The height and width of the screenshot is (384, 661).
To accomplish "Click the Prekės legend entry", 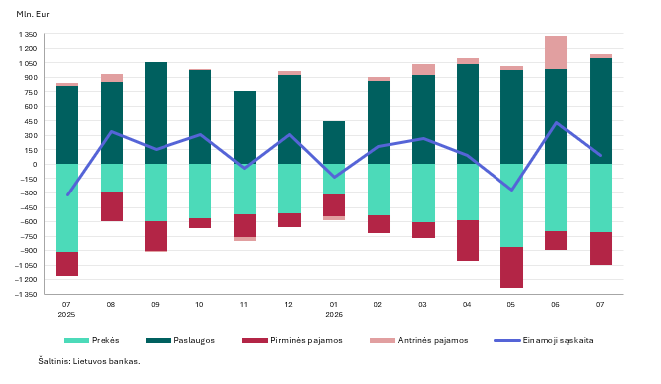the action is [x=92, y=340].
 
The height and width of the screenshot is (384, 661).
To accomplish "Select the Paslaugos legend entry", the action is [x=180, y=340].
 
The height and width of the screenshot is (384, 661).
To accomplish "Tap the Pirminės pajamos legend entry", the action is [x=292, y=340].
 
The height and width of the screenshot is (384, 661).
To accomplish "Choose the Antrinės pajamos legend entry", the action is [x=419, y=340].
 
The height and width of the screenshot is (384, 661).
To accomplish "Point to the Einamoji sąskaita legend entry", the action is [x=543, y=340].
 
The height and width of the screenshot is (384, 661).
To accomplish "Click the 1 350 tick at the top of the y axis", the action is [x=28, y=34].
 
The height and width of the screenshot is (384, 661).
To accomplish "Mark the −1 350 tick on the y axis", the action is [x=26, y=294].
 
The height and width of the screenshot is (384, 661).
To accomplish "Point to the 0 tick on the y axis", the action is [x=35, y=164].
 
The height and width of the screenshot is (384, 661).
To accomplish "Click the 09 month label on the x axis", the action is [x=156, y=305].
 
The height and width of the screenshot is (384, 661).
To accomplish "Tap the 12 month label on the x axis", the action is [x=289, y=305].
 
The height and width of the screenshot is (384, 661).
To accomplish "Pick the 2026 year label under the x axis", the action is [x=334, y=315].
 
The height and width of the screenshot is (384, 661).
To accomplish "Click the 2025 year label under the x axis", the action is [x=66, y=315].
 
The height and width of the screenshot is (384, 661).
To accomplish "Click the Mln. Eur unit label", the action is [x=33, y=14].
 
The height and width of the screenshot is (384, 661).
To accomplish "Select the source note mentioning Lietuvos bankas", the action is [x=89, y=361].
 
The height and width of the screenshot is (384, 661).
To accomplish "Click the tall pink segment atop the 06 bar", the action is [x=556, y=52].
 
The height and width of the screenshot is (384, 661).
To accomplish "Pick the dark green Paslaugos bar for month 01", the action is [x=334, y=142].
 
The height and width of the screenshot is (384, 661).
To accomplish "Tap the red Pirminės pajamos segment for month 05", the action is [x=511, y=267].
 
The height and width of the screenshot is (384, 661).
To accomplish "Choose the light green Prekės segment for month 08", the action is [x=112, y=179].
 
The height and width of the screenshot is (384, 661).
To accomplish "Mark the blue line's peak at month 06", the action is [x=556, y=123].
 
